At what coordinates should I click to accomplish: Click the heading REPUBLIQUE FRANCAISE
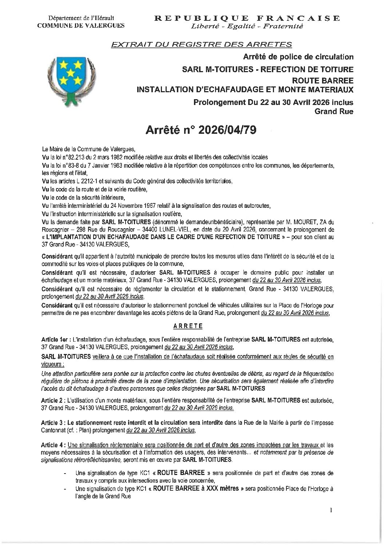click(x=247, y=18)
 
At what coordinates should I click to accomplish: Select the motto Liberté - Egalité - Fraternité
click(x=247, y=26)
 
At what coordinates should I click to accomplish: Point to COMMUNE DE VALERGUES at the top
click(x=81, y=25)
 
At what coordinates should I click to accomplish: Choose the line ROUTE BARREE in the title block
click(x=331, y=79)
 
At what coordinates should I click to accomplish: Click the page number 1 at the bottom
click(x=331, y=510)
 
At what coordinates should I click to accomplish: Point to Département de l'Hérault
click(x=81, y=17)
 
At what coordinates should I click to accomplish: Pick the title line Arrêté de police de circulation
click(x=298, y=57)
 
